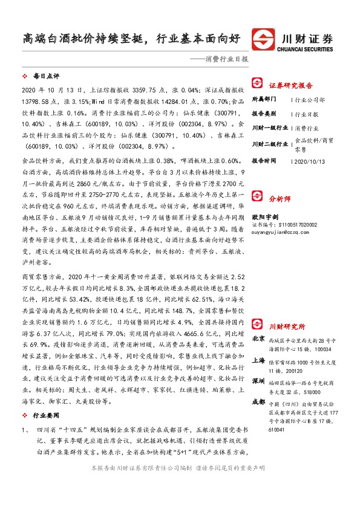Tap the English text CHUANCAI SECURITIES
309,45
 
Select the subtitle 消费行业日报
223,60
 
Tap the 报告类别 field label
264,113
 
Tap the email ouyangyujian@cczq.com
280,248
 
